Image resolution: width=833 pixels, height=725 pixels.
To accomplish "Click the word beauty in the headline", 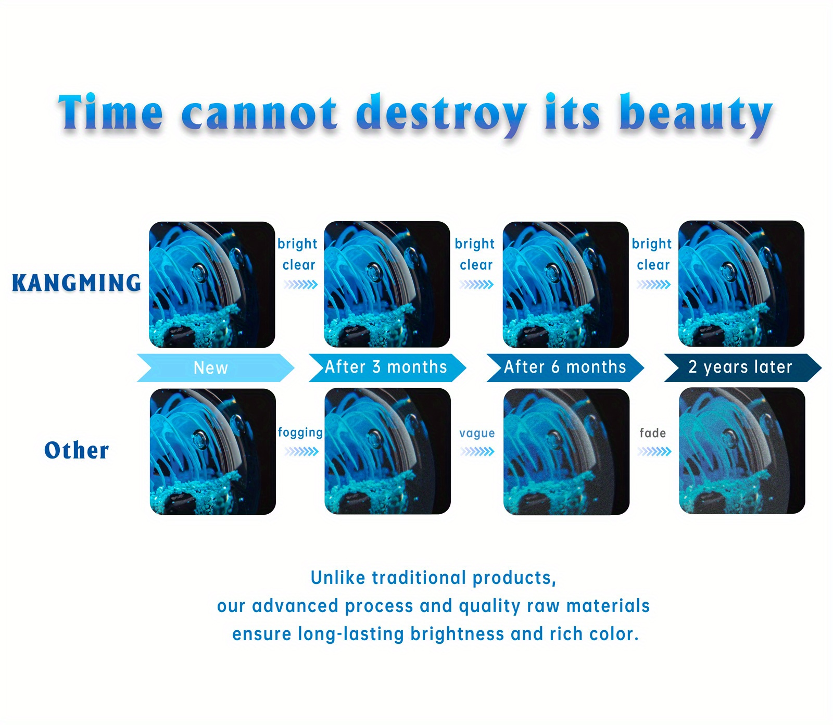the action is pyautogui.click(x=696, y=114).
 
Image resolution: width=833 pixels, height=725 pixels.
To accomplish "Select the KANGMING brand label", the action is pyautogui.click(x=77, y=283).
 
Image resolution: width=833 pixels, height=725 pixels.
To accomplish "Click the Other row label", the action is pyautogui.click(x=77, y=450).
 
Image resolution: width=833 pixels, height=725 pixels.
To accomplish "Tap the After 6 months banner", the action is pyautogui.click(x=565, y=368).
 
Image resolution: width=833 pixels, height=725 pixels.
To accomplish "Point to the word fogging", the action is pyautogui.click(x=300, y=433).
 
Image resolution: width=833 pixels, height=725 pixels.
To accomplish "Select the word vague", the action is pyautogui.click(x=477, y=434).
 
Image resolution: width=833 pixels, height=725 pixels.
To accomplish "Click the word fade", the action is pyautogui.click(x=653, y=433).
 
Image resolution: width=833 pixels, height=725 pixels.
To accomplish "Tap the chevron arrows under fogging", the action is pyautogui.click(x=301, y=452).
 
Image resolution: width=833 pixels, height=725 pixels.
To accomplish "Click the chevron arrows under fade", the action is pyautogui.click(x=654, y=452).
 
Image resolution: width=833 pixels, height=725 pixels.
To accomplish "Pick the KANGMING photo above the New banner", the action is pyautogui.click(x=212, y=285).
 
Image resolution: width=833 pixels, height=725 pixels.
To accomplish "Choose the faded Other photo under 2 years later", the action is pyautogui.click(x=742, y=451).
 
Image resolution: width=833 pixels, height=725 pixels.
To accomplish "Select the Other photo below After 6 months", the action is pyautogui.click(x=566, y=452).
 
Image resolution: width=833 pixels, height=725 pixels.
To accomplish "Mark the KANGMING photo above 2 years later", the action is pyautogui.click(x=741, y=284).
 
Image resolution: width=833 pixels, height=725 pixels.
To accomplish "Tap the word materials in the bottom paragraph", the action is pyautogui.click(x=608, y=606).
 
